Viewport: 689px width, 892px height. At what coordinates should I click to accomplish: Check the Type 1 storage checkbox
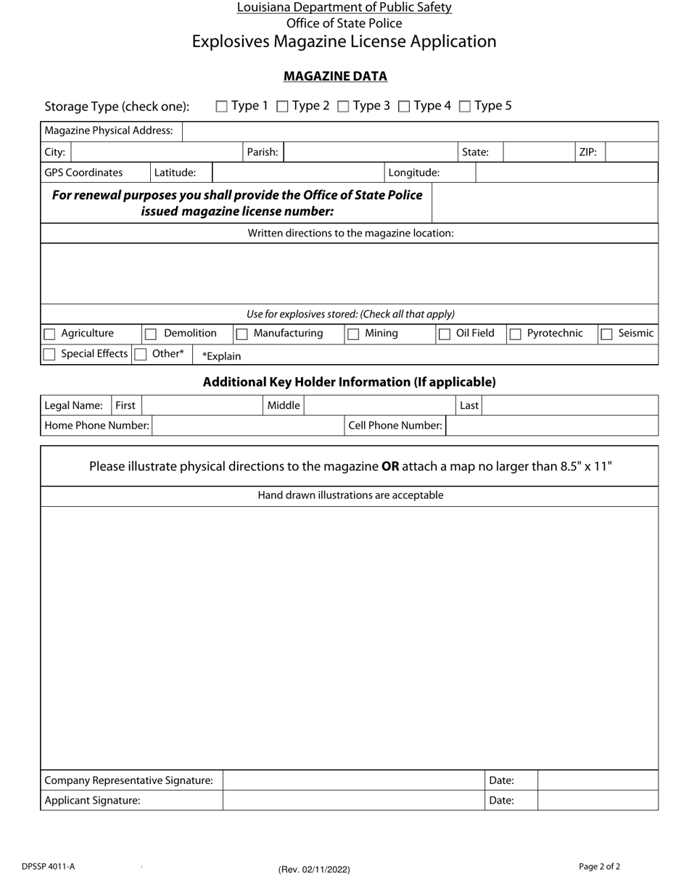coord(222,107)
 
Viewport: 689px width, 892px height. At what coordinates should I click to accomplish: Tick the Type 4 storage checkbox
coord(405,107)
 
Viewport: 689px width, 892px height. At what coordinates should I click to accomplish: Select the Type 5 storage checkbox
coord(466,107)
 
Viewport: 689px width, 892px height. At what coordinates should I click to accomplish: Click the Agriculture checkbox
coord(49,334)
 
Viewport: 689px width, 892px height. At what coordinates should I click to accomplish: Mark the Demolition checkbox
coord(151,334)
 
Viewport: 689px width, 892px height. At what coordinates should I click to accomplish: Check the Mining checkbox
coord(353,334)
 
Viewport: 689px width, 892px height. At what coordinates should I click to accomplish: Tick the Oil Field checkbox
coord(445,334)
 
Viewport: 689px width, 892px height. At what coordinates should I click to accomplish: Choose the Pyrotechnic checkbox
coord(516,334)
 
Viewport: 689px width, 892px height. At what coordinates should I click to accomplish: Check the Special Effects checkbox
coord(49,355)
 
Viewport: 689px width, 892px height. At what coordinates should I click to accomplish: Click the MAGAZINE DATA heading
coord(335,76)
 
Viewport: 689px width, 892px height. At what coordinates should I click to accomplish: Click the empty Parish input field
coord(369,152)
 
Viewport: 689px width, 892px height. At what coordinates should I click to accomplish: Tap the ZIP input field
coord(630,152)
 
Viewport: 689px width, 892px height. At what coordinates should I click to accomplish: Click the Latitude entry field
coord(297,173)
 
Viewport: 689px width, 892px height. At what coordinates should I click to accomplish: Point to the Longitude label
coord(414,173)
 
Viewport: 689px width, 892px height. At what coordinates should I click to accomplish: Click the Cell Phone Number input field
coord(552,426)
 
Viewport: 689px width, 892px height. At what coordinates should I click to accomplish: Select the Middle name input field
coord(379,405)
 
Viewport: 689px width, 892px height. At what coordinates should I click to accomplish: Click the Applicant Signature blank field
coord(353,801)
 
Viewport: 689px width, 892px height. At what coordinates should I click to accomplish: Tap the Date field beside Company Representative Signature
coord(598,780)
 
